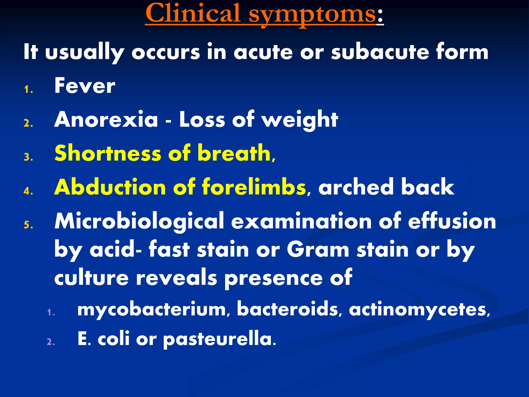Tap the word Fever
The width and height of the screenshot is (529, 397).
[x=85, y=86]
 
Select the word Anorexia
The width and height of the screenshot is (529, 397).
[x=106, y=119]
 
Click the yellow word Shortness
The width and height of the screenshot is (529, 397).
[x=108, y=153]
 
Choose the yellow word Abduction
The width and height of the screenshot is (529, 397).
[x=110, y=187]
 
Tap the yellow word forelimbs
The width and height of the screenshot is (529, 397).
[x=254, y=187]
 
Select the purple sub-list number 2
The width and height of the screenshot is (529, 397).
[x=51, y=342]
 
